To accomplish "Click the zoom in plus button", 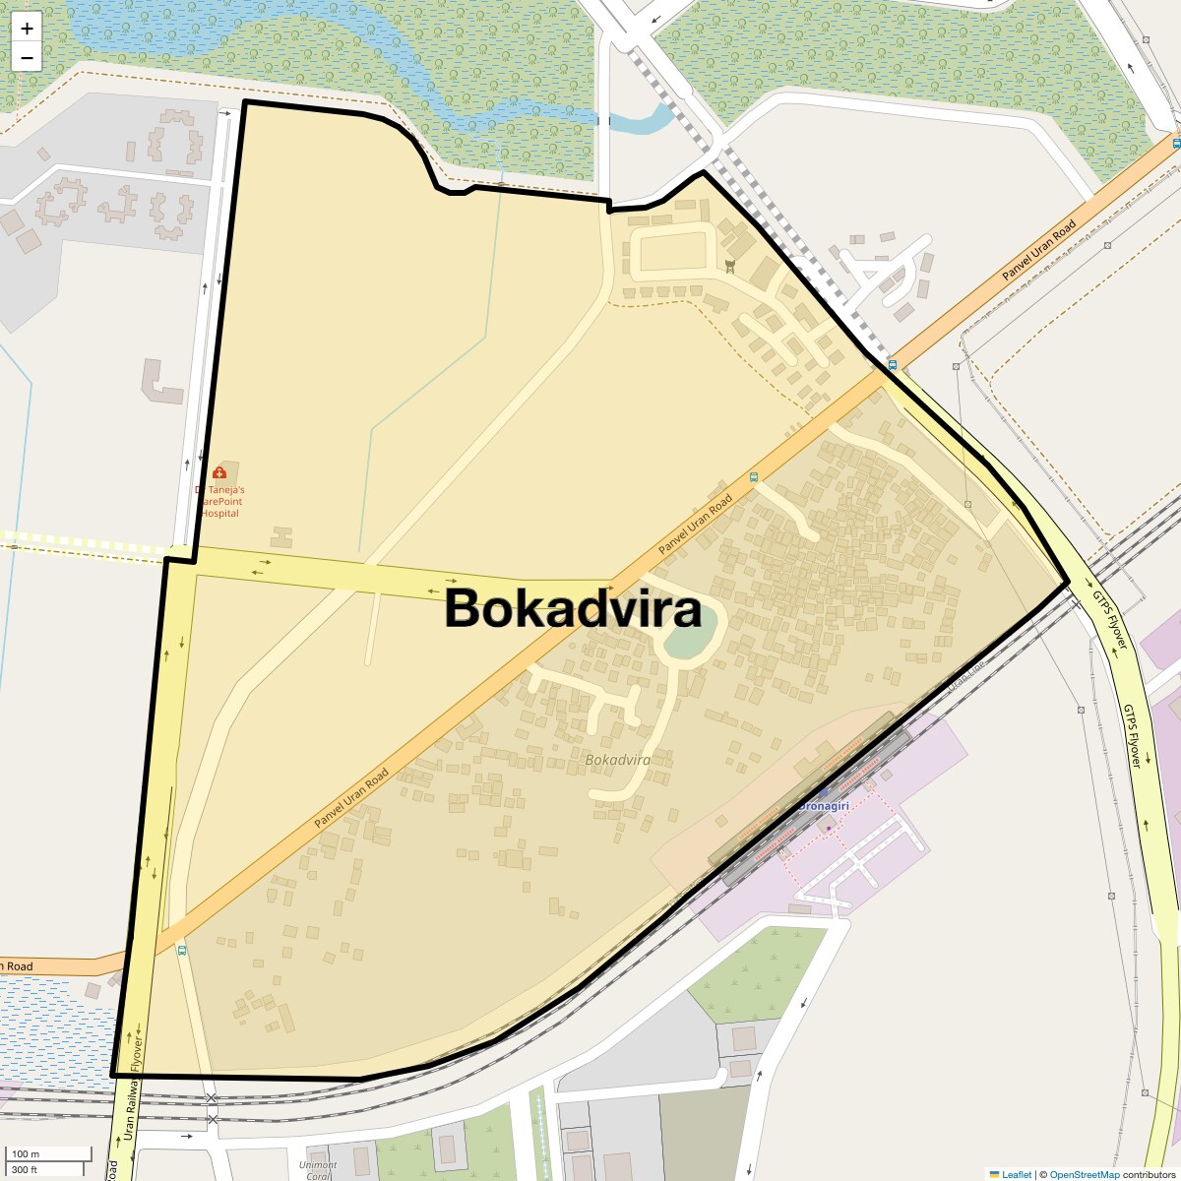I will tap(27, 29).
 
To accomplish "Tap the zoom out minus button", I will tap(27, 58).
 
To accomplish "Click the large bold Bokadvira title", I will tap(573, 608).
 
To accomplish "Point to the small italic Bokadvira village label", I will tap(617, 760).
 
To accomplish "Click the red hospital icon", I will tap(218, 473).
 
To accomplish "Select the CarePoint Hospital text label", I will tap(220, 501).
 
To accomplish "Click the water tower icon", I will tap(729, 266).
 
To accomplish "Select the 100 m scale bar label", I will tap(26, 1153).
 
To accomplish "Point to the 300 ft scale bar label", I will tap(25, 1169).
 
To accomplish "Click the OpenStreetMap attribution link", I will tap(1084, 1174).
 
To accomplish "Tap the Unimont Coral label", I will tap(318, 1170).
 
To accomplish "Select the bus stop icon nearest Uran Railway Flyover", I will tap(181, 951).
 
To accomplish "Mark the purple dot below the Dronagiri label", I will tap(829, 829).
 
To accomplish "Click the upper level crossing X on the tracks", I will tap(212, 1097).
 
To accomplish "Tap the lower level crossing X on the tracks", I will tap(212, 1119).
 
